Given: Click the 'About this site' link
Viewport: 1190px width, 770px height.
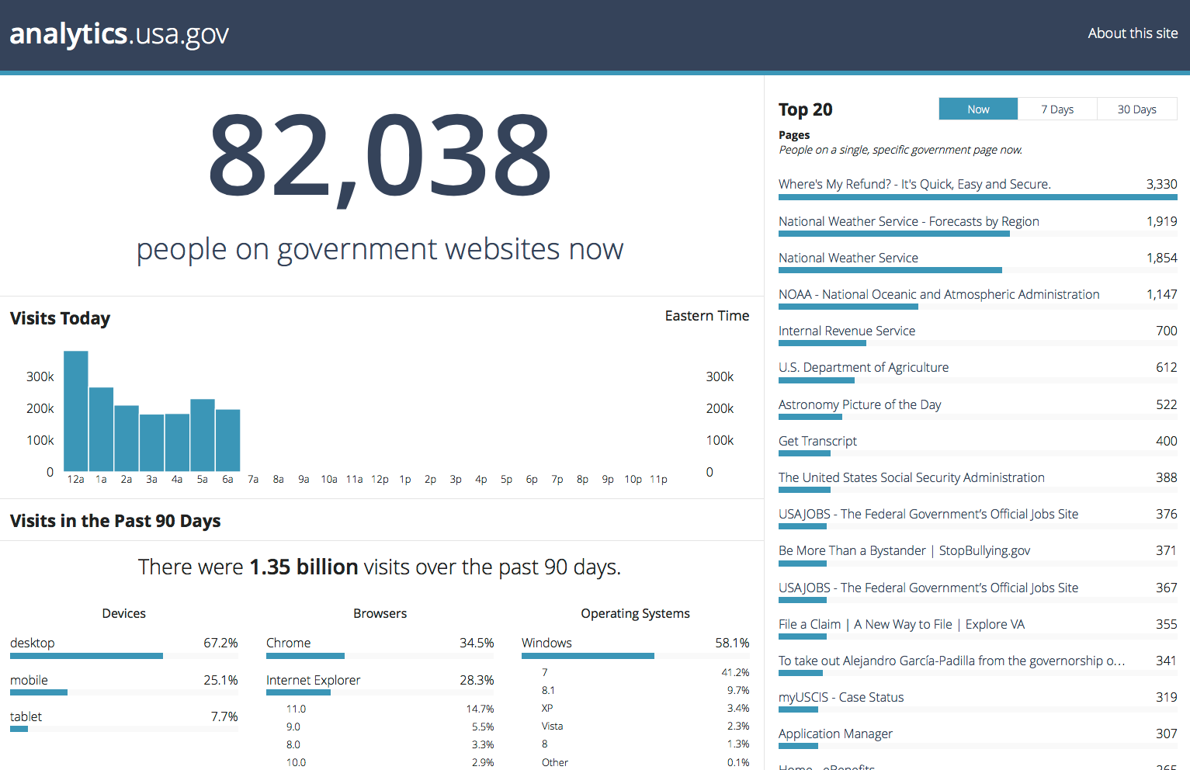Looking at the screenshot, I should click(x=1132, y=33).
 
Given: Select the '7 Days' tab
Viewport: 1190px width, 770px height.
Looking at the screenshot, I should click(x=1056, y=109).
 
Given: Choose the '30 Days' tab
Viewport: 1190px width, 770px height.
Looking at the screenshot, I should click(x=1136, y=109).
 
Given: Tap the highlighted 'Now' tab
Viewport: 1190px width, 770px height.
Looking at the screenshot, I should click(x=978, y=109).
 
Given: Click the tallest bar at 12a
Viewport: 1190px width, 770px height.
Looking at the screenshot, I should click(x=75, y=411).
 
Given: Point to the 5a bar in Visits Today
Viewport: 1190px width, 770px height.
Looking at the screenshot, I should click(x=203, y=435).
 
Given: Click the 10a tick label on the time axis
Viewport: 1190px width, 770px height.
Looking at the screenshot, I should click(x=329, y=480).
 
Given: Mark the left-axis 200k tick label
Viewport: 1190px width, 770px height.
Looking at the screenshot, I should click(x=40, y=408).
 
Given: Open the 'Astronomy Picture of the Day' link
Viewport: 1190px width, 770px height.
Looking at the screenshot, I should click(x=859, y=404).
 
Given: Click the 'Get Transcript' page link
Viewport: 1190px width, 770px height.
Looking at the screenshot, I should click(x=817, y=441).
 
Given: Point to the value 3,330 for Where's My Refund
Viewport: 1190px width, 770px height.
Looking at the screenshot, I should click(x=1161, y=184).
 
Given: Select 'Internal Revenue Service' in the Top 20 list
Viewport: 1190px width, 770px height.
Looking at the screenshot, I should click(x=847, y=331).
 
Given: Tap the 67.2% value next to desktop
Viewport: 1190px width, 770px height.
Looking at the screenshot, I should click(x=220, y=643).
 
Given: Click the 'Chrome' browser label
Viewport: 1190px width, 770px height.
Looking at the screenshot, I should click(x=288, y=643).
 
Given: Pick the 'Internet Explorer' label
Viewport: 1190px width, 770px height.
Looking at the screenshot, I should click(x=313, y=680).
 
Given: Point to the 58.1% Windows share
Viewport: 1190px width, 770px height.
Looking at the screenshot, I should click(x=732, y=643).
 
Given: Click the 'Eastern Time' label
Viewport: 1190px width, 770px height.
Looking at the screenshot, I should click(x=706, y=316).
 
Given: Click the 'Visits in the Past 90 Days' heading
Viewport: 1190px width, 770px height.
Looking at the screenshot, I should click(x=115, y=521).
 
